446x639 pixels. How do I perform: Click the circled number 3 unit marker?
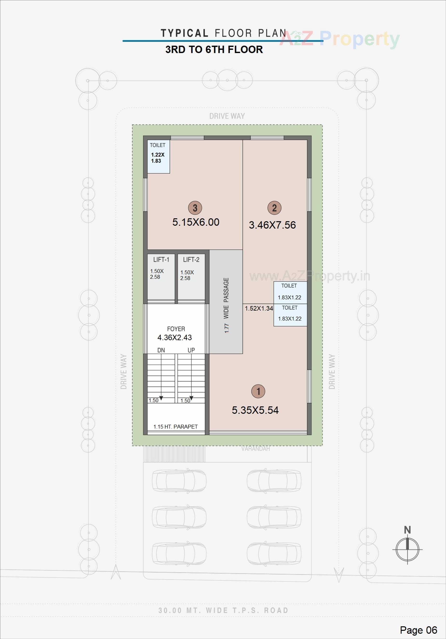pos(195,208)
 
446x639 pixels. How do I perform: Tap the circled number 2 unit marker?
pos(274,208)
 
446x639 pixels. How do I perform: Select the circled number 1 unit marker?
pos(258,391)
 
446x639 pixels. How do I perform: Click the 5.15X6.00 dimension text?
pos(196,222)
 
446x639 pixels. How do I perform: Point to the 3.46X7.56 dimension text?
pos(272,225)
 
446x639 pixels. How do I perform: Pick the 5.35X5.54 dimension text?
pos(255,410)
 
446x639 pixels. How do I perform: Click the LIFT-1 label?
pos(161,260)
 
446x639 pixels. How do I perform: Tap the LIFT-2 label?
pos(191,260)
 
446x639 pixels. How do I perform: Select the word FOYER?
pos(176,329)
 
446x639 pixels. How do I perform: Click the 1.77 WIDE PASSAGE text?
pos(226,305)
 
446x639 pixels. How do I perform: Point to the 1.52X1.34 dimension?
pos(259,308)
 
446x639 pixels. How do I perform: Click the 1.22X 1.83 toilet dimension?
pos(158,158)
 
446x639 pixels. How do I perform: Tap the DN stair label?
pos(161,350)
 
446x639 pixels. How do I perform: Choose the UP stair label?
pos(191,350)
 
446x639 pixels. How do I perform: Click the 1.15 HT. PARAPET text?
pos(176,427)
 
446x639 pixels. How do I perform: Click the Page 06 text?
pos(419,630)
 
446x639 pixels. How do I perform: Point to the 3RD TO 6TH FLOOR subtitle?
pos(214,49)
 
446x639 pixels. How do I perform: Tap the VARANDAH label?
pos(255,449)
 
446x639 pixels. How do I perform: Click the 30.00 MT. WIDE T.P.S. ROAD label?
pos(223,610)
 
